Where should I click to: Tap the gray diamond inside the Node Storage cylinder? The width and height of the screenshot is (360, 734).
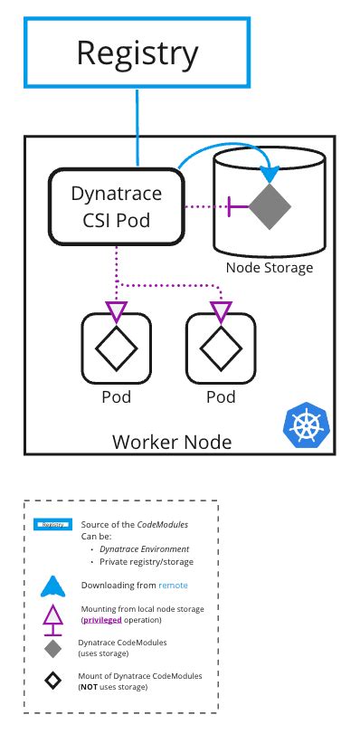[x=270, y=206]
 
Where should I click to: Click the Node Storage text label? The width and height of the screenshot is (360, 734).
[x=269, y=268]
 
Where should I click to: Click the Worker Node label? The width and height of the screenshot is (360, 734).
[x=172, y=443]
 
